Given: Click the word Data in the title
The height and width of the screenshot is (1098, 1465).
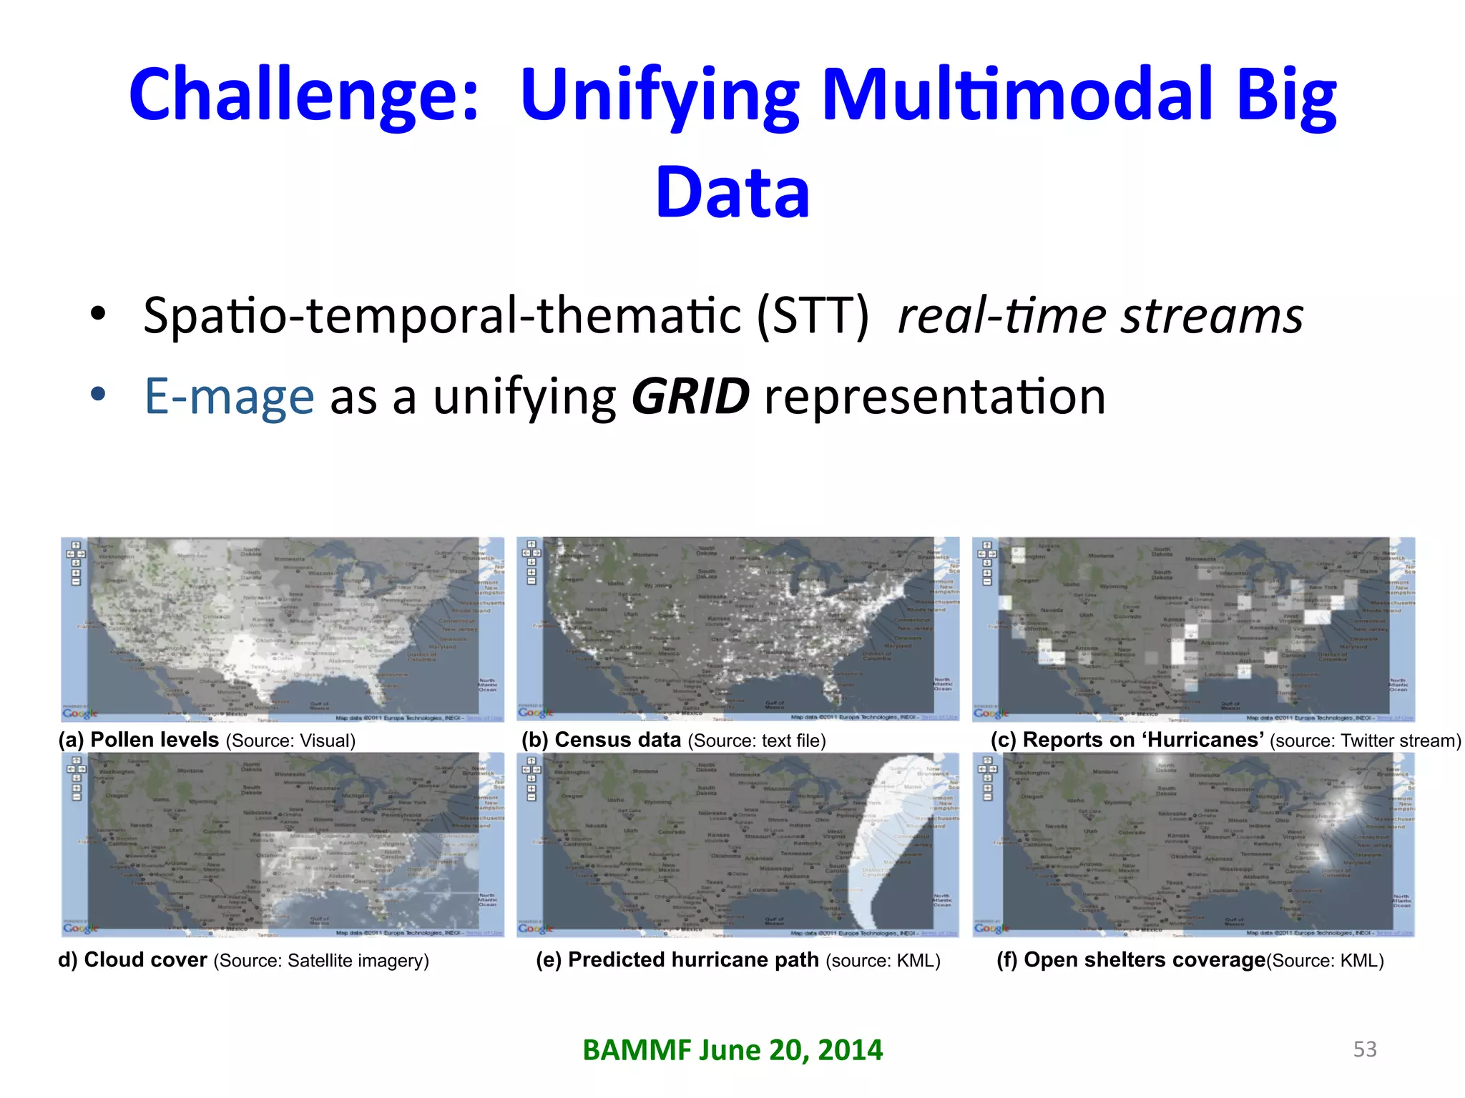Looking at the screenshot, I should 732,193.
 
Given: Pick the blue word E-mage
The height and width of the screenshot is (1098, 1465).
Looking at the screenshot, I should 229,397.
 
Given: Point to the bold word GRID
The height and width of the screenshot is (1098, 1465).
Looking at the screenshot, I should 690,397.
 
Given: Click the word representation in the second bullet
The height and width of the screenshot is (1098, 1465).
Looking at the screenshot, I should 934,397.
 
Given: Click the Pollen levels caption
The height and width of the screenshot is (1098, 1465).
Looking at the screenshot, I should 155,740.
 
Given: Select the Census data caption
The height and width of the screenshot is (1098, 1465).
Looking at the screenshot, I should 617,740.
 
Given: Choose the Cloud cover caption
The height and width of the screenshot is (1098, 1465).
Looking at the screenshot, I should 145,960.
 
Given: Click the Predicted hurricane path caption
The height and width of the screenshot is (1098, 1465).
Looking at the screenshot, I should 692,960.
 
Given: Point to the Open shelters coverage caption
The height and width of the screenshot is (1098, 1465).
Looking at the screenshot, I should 1144,960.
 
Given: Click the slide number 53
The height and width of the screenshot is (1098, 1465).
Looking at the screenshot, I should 1365,1049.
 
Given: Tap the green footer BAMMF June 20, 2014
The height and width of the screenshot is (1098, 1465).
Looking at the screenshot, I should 732,1050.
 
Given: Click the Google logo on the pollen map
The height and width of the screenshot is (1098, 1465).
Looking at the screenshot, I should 80,713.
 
